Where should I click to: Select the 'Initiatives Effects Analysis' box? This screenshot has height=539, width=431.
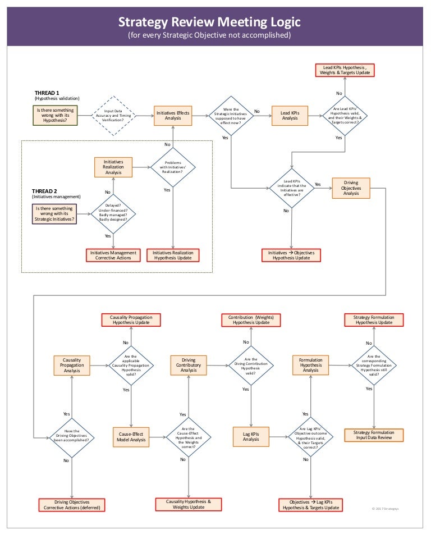pos(173,116)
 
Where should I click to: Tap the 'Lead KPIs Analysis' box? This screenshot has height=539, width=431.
pos(290,116)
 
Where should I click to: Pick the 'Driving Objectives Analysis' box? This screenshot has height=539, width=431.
pos(351,189)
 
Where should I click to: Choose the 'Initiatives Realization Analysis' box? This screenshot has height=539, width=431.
pos(113,167)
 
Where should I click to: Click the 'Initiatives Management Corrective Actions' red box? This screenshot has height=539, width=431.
pos(114,255)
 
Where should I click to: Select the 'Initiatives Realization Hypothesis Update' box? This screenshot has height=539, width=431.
pos(173,255)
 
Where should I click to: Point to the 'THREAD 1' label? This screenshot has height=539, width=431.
pos(47,93)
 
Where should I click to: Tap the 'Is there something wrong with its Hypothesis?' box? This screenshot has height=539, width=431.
pos(55,115)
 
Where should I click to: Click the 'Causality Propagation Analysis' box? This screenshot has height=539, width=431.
pos(71,366)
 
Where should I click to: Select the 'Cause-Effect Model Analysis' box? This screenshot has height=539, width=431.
pos(131,437)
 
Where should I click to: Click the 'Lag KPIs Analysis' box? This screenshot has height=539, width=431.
pos(251,437)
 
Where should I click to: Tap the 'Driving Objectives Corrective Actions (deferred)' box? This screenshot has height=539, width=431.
pos(72,505)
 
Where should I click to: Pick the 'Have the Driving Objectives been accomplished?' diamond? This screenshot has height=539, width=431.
pos(72,437)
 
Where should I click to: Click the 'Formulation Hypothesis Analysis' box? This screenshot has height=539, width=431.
pos(310,366)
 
